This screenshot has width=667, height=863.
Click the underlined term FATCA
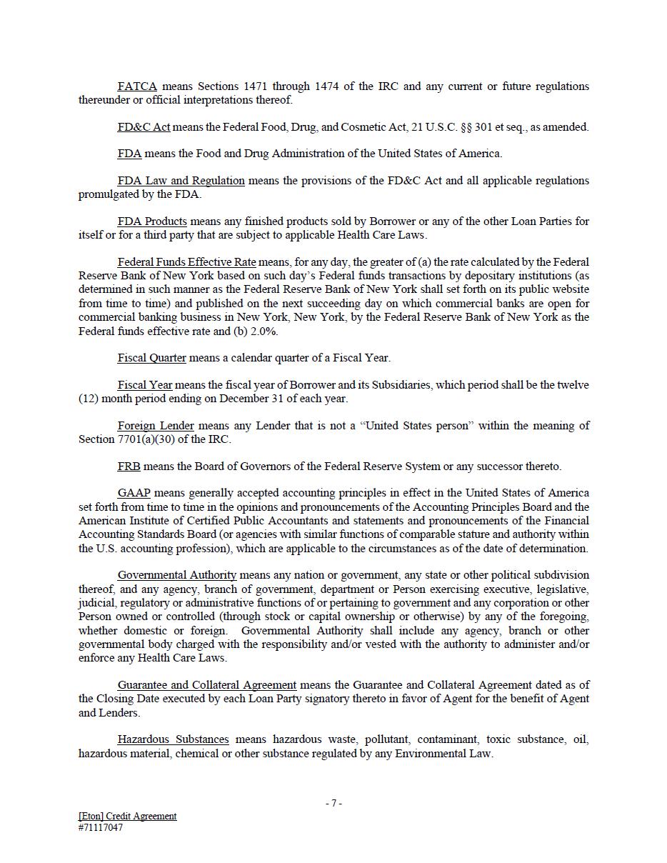click(137, 86)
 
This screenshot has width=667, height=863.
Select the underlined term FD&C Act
click(144, 127)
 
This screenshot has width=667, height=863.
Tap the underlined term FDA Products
click(152, 221)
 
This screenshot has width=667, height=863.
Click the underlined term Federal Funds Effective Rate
click(186, 262)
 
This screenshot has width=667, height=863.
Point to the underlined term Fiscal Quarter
click(151, 358)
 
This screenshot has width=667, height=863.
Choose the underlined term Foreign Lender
click(156, 426)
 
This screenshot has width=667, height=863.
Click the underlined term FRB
click(129, 467)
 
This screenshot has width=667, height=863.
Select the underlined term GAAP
click(134, 493)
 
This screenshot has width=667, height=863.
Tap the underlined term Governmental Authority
click(177, 575)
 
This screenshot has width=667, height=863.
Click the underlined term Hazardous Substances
click(173, 739)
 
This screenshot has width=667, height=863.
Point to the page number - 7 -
click(333, 803)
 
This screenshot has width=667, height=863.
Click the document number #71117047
click(101, 828)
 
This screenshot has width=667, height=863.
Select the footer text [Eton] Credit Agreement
click(127, 816)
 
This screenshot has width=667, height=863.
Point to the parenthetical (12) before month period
click(89, 399)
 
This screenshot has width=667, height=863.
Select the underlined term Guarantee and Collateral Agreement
click(207, 685)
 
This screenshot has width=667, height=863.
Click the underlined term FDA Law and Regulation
click(181, 181)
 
